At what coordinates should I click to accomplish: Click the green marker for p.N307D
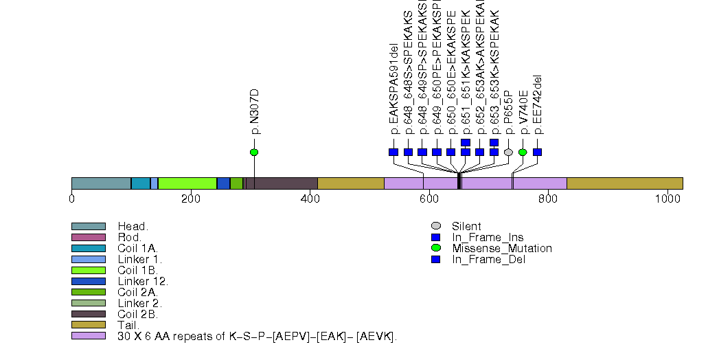pos(254,152)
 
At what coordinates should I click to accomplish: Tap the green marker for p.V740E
pos(523,152)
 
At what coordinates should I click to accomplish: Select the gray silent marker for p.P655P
pos(508,152)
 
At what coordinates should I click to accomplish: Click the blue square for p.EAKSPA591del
pos(393,152)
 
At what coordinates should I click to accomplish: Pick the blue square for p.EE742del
pos(537,152)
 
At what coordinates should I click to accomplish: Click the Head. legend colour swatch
pos(88,226)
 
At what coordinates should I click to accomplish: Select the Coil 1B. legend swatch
pos(88,270)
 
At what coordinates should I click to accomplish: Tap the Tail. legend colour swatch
pos(88,325)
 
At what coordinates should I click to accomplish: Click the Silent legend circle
pos(435,226)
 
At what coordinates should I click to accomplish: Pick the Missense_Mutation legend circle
pos(435,248)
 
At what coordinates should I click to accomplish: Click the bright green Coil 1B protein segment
pos(187,183)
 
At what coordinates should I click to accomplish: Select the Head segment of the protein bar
pos(101,183)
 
